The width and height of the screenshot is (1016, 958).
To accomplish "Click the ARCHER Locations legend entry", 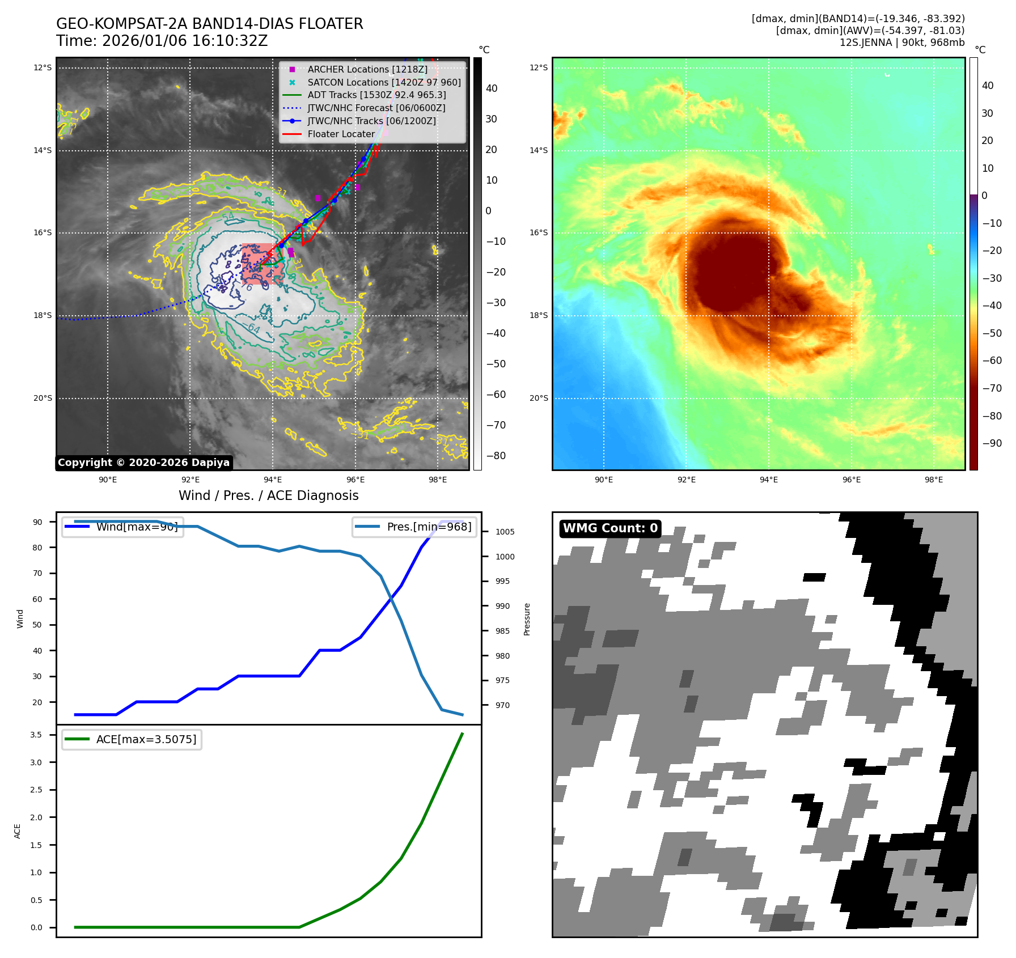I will point(367,69).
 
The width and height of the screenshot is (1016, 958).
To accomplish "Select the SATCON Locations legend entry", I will point(384,82).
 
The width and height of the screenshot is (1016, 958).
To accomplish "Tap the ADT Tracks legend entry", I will point(376,95).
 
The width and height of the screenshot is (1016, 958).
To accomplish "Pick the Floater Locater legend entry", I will point(341,134).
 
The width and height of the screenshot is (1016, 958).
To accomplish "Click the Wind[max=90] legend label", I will point(137,527).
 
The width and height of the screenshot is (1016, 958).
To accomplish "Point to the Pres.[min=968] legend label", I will point(429,527).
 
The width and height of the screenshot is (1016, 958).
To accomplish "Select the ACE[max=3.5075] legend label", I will point(146,739).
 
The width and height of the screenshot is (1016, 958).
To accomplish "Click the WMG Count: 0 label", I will point(610,528).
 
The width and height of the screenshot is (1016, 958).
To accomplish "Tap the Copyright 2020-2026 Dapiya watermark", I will point(143,463).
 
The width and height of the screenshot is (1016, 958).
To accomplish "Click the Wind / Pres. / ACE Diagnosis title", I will point(268,495).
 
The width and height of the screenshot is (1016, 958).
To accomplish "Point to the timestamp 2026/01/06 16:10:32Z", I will point(185,41).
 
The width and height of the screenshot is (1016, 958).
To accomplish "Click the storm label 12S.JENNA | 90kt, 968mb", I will point(901,43).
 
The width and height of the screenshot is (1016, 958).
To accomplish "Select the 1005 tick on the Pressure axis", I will point(505,532).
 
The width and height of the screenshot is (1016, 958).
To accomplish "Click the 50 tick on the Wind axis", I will point(37,625).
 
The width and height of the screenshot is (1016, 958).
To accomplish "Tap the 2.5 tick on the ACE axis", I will point(36,790).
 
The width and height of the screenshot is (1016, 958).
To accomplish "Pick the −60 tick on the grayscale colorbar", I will point(496,395).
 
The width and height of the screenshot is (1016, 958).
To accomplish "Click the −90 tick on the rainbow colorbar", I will point(992,443).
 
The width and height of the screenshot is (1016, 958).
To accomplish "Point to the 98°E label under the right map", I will point(933,480).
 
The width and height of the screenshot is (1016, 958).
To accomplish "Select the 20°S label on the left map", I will point(43,398).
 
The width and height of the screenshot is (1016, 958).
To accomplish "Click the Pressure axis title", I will point(527,619).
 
